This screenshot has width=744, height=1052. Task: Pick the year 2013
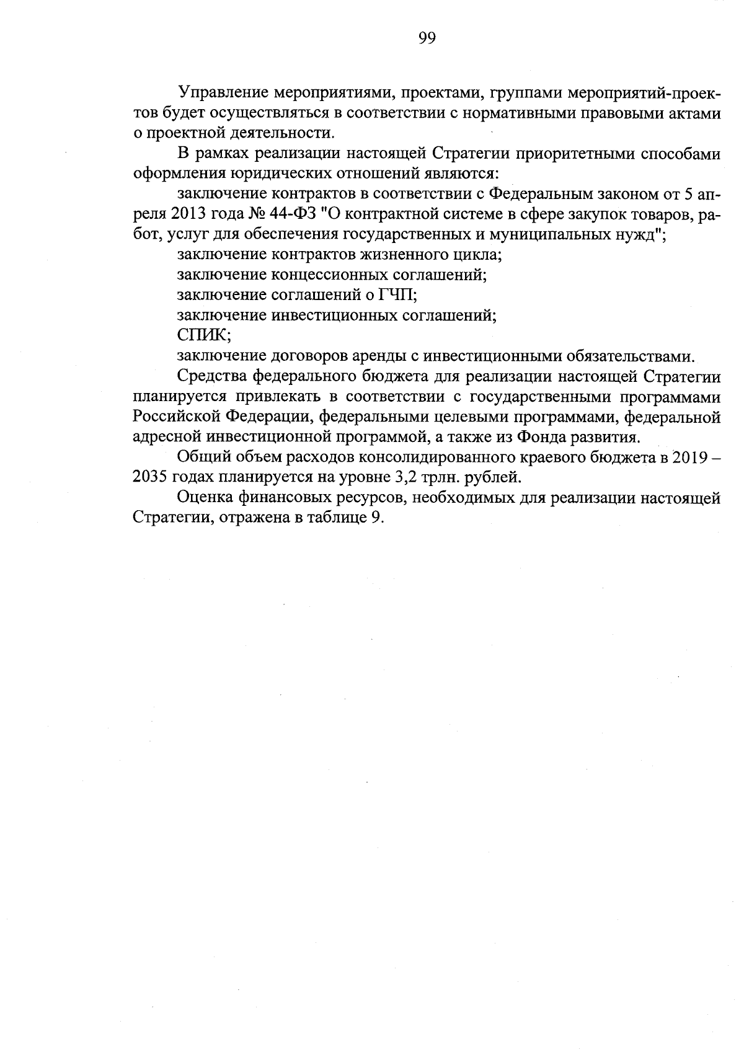point(186,214)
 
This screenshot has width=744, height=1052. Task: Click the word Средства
point(213,376)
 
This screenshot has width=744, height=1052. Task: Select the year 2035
point(151,477)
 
